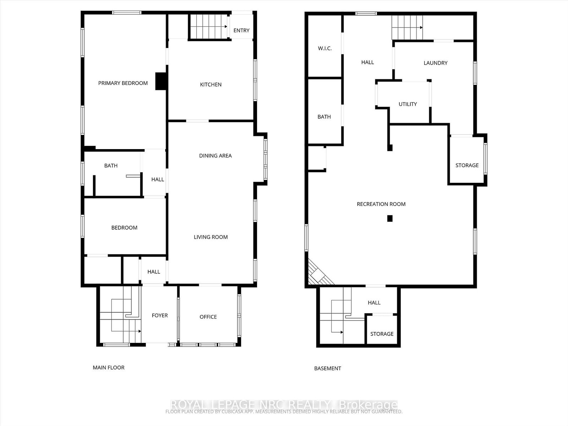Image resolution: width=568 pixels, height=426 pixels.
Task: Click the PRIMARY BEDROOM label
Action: click(123, 83)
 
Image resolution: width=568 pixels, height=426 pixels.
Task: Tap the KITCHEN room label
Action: click(211, 84)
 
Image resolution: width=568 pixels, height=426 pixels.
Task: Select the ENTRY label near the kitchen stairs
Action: click(241, 31)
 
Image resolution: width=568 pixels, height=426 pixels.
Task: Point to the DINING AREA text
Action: click(215, 155)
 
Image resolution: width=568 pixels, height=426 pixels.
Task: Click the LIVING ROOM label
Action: click(211, 237)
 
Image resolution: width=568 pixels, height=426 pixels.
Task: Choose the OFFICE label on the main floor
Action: click(208, 317)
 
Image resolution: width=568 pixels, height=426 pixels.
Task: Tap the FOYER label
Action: click(160, 315)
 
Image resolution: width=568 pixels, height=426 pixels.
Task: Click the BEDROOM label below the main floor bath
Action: click(124, 228)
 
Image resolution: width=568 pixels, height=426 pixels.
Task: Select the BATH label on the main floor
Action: click(111, 165)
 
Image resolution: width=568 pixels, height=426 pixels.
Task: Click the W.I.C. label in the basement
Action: click(324, 48)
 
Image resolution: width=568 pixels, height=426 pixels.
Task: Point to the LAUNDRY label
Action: click(435, 63)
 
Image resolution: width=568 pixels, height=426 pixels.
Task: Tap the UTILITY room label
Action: click(408, 104)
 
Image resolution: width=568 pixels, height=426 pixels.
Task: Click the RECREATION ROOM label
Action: click(381, 204)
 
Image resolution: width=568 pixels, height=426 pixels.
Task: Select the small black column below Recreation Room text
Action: click(390, 219)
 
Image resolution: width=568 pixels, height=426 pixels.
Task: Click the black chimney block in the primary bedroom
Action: click(161, 81)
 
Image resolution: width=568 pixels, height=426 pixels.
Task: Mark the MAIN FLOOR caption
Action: click(109, 367)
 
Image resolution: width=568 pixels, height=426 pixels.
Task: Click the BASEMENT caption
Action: click(327, 368)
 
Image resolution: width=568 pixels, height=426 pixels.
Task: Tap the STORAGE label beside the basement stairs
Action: click(382, 334)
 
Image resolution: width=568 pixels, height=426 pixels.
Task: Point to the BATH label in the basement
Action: click(324, 117)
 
